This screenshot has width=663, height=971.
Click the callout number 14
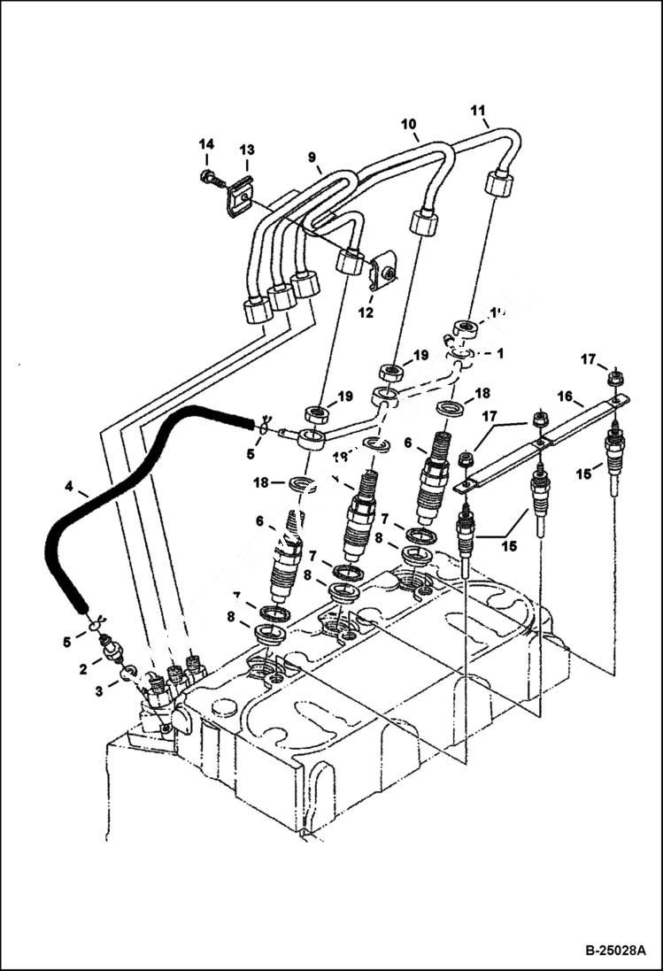205,144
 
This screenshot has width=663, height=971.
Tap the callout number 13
246,150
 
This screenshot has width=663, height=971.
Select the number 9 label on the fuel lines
312,158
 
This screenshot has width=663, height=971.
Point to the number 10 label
409,125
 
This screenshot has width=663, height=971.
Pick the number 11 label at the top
478,111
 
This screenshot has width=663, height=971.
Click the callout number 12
366,312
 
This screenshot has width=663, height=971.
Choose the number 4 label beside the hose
69,486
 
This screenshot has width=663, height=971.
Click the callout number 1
500,352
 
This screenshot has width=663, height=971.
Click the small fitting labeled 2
113,651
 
